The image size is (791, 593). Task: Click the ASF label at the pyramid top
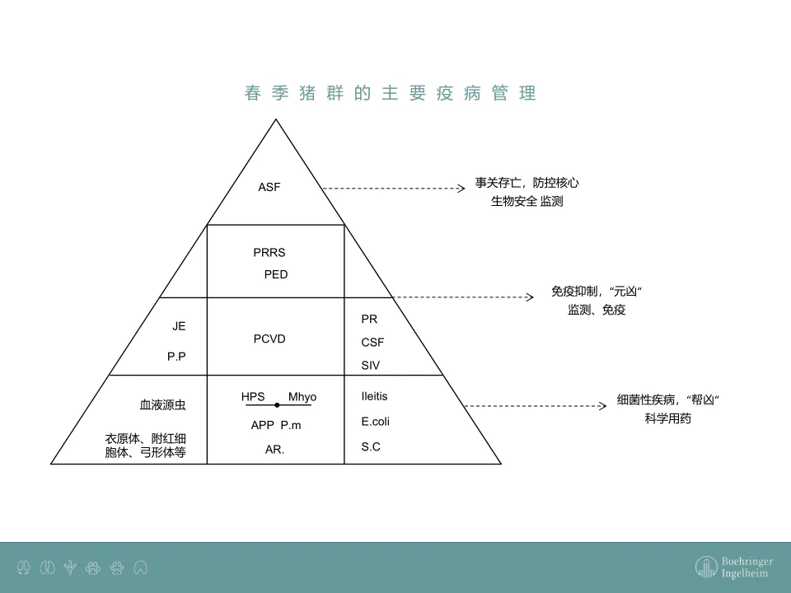click(x=269, y=187)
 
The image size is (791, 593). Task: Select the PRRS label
click(x=269, y=253)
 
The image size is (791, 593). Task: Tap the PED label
click(x=276, y=274)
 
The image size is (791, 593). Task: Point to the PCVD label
click(x=269, y=339)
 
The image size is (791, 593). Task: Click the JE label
click(x=179, y=326)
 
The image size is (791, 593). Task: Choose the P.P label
click(x=176, y=357)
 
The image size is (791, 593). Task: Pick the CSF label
click(x=372, y=342)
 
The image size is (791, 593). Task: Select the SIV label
click(x=371, y=365)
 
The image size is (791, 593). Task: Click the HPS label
click(x=253, y=397)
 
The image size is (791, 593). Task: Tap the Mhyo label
click(x=302, y=397)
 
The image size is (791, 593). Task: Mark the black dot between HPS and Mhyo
click(x=278, y=405)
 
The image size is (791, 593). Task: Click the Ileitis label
click(x=374, y=396)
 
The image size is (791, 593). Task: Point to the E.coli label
click(x=375, y=422)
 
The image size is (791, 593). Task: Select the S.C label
click(x=371, y=447)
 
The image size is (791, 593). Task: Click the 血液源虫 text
click(x=162, y=405)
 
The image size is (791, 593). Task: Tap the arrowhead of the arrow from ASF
click(x=461, y=188)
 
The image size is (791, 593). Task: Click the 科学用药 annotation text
click(x=668, y=418)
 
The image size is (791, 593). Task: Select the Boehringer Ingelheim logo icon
click(x=705, y=567)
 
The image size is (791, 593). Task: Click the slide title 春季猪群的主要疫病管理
click(x=391, y=93)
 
